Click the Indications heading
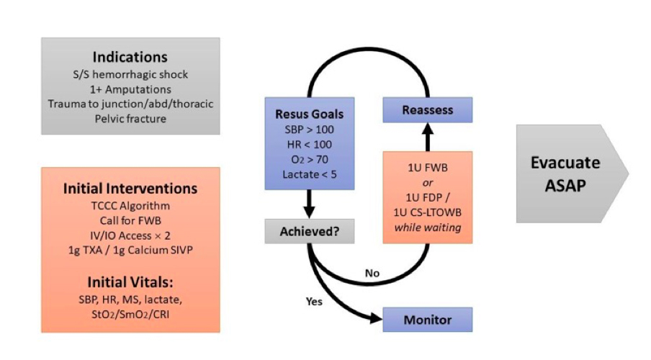pyautogui.click(x=130, y=57)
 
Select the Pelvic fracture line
pyautogui.click(x=130, y=118)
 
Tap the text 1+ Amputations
pyautogui.click(x=130, y=89)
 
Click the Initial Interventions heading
pyautogui.click(x=130, y=188)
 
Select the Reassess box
pyautogui.click(x=426, y=110)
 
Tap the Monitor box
pyautogui.click(x=426, y=318)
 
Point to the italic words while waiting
pyautogui.click(x=427, y=228)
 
